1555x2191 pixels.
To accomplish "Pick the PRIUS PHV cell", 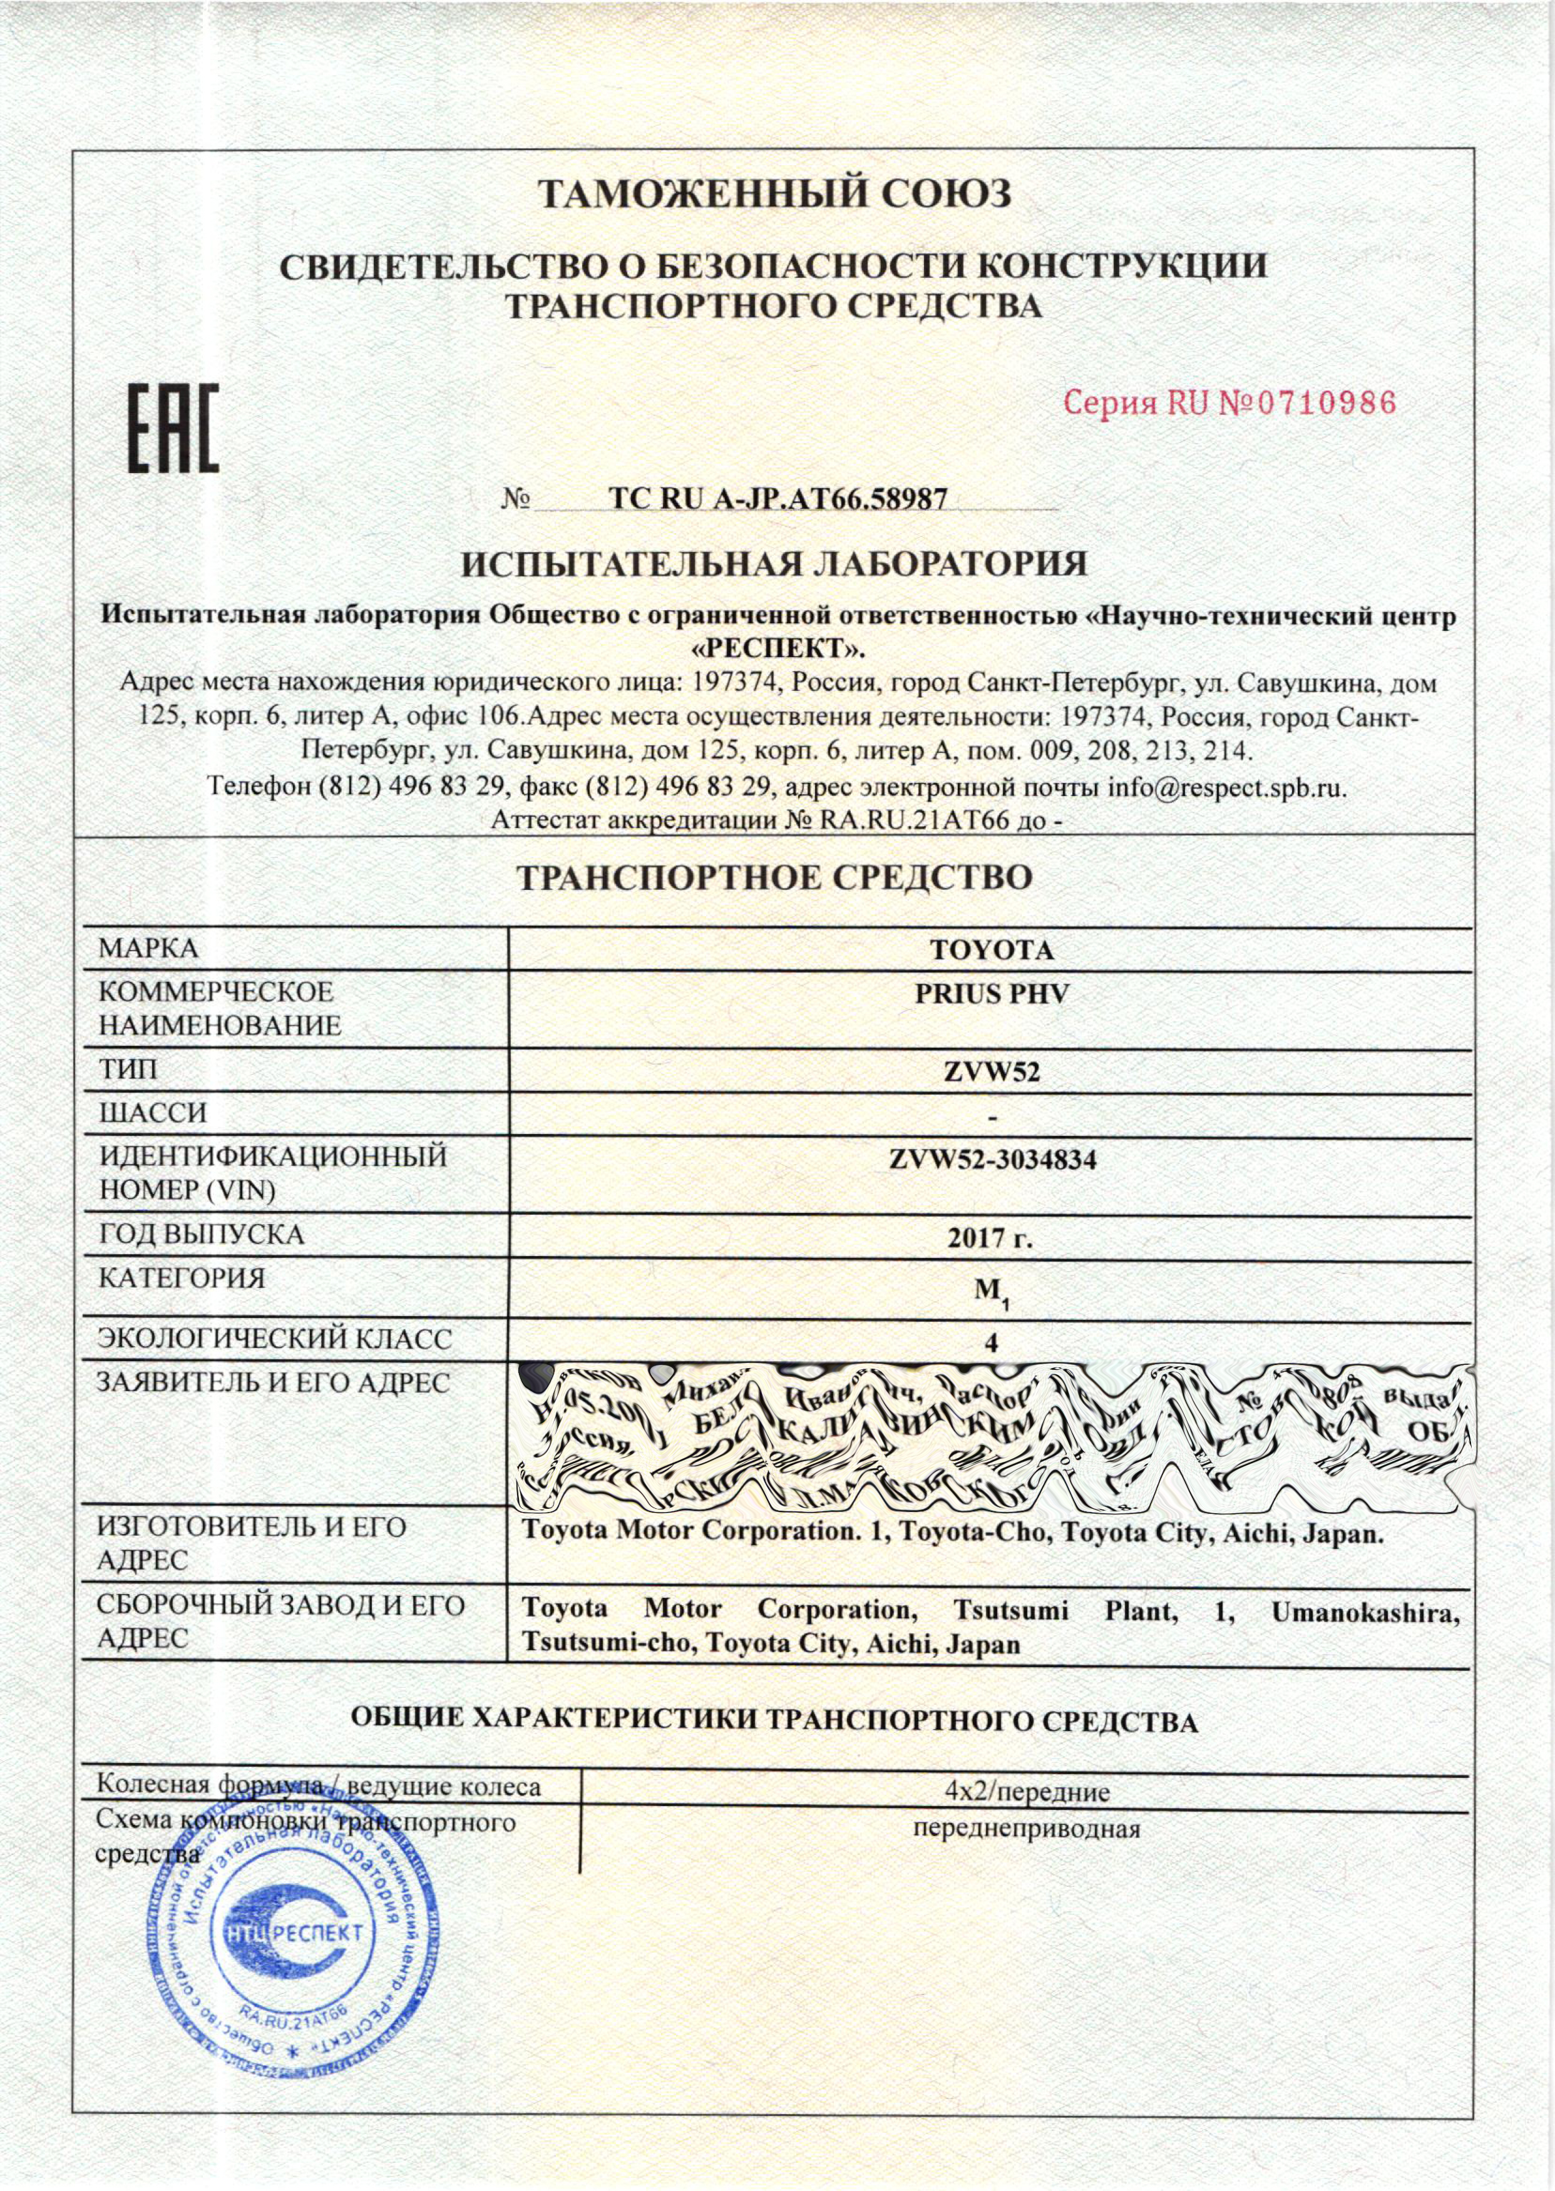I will [x=991, y=994].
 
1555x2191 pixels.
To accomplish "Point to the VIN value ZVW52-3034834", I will [x=991, y=1160].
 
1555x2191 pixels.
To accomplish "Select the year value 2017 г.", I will [x=991, y=1239].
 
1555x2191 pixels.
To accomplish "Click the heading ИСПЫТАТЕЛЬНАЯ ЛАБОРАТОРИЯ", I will [x=776, y=564].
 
